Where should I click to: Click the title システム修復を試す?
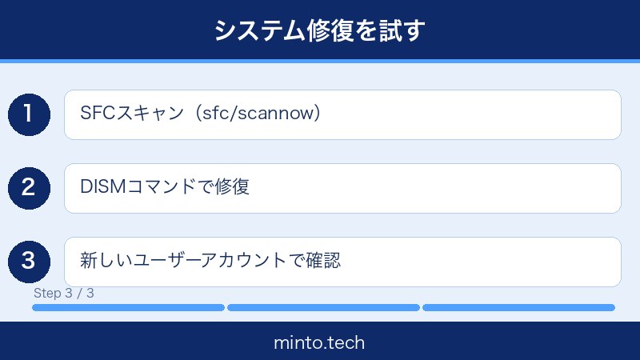pos(319,30)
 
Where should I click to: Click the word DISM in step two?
pos(99,187)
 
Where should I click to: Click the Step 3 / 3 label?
pos(64,293)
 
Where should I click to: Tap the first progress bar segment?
pos(128,307)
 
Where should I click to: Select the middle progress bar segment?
pos(323,307)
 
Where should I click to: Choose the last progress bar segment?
pos(518,307)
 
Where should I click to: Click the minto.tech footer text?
pos(319,343)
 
